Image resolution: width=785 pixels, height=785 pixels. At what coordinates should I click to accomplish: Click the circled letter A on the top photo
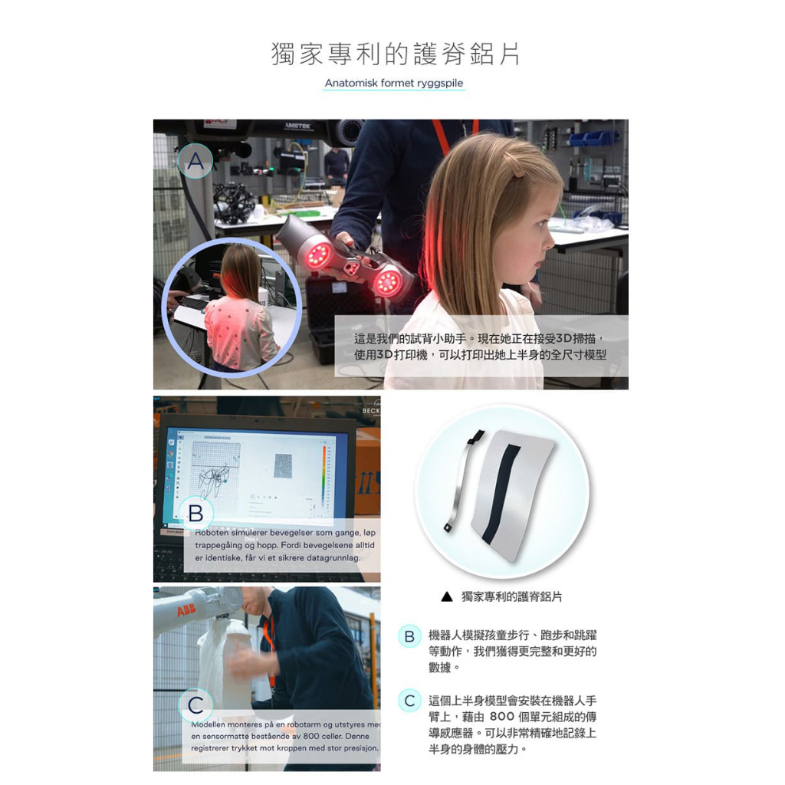(x=195, y=161)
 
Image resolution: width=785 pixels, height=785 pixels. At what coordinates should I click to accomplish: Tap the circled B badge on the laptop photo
(x=195, y=514)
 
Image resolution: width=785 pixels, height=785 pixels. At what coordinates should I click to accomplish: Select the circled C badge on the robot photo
(x=195, y=705)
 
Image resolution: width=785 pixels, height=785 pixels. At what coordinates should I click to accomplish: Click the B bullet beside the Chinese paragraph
(x=409, y=636)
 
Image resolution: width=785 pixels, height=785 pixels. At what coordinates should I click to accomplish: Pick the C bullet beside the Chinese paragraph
(x=409, y=701)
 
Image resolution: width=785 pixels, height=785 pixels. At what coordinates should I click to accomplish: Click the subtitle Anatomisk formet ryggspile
(x=394, y=83)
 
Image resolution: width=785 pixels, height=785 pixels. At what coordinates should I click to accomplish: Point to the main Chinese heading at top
(x=396, y=54)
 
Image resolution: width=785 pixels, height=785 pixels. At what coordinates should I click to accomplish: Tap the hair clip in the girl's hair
(x=514, y=164)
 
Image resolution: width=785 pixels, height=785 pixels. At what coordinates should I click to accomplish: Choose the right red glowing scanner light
(x=387, y=283)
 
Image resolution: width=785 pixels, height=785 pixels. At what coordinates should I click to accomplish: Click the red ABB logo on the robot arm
(x=186, y=611)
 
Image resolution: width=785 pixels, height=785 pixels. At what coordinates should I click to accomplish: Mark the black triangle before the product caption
(x=447, y=596)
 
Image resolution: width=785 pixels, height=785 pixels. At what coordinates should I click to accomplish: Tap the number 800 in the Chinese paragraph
(x=502, y=717)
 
